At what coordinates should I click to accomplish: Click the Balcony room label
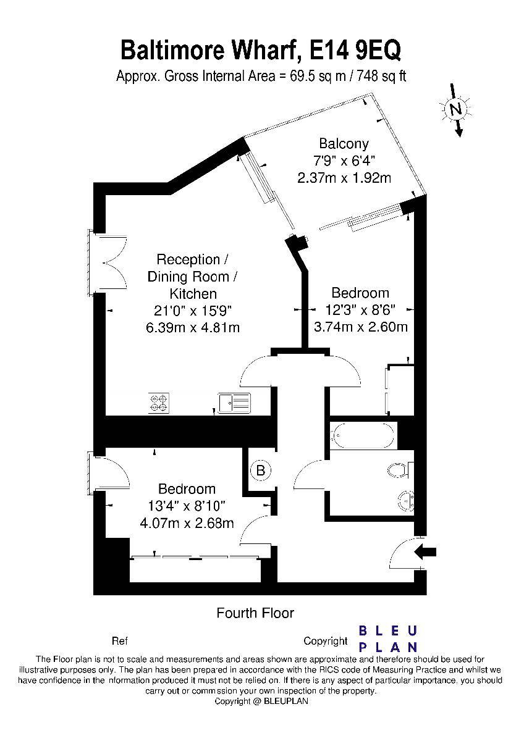344,144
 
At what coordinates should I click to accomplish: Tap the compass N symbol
456,109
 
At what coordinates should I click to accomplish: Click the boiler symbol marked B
261,471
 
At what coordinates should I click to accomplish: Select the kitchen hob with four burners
159,403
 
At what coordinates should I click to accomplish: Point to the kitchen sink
234,403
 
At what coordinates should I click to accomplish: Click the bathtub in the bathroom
363,435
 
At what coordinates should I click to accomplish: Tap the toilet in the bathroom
400,469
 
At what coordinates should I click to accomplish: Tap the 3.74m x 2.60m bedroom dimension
360,327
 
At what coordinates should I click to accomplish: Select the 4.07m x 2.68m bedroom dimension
187,523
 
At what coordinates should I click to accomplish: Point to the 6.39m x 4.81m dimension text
193,327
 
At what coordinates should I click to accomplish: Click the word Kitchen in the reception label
193,293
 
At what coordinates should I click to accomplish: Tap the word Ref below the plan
120,641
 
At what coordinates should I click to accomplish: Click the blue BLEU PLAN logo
388,638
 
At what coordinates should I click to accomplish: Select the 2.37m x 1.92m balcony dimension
344,178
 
